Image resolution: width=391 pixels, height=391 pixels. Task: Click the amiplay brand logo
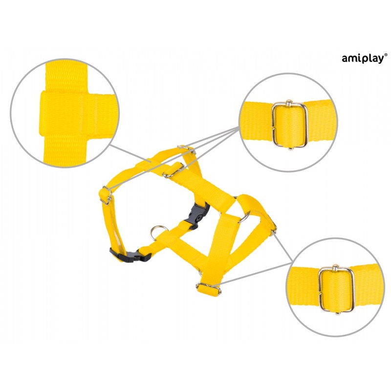(x=365, y=59)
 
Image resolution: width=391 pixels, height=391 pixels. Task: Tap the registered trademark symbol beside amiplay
(x=386, y=55)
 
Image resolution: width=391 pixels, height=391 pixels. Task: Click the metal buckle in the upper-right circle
(x=289, y=125)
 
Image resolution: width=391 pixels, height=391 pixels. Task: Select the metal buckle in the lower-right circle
(x=336, y=290)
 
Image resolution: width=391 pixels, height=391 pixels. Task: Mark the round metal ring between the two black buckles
(x=157, y=232)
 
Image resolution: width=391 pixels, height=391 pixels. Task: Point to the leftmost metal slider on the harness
(x=107, y=196)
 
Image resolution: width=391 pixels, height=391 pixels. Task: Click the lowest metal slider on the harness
(x=209, y=289)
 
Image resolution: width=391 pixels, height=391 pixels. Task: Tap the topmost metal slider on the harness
(x=186, y=149)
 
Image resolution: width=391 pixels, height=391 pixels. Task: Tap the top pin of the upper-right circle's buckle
(x=289, y=103)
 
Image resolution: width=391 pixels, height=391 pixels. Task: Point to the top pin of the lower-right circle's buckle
(x=336, y=268)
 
